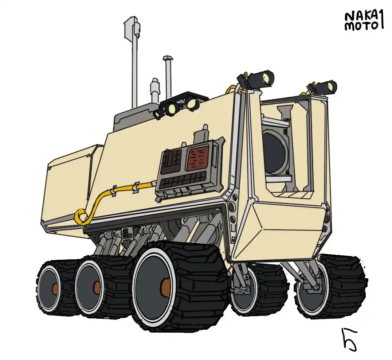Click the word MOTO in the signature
click(x=361, y=26)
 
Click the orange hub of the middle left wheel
click(x=97, y=287)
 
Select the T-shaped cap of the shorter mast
click(x=168, y=58)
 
